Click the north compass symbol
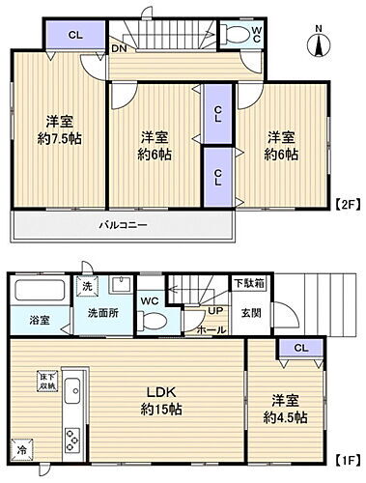click(x=320, y=43)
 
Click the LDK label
click(x=159, y=393)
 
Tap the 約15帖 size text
click(x=160, y=411)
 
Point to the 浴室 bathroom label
click(x=39, y=319)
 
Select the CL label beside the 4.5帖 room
click(x=300, y=348)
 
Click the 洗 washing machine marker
click(x=87, y=286)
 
